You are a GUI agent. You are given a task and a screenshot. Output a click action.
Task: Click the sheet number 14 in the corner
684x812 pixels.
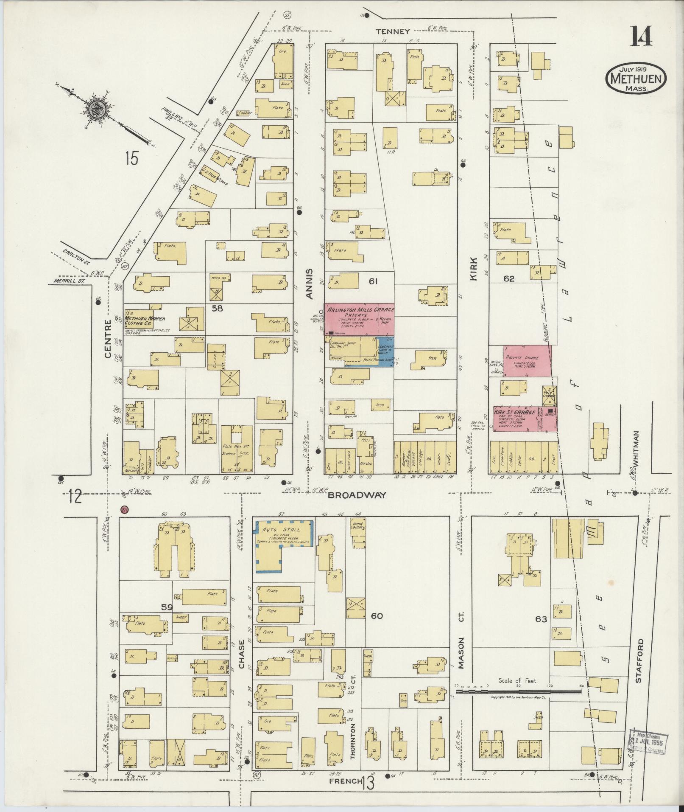[x=640, y=37]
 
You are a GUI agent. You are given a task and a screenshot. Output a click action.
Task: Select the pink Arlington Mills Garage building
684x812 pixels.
[x=359, y=319]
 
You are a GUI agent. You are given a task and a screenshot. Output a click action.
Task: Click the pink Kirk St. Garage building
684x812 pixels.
[x=525, y=419]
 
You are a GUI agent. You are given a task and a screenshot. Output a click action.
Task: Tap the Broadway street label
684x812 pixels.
[x=357, y=495]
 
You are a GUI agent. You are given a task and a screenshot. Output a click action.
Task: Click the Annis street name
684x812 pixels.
[x=310, y=284]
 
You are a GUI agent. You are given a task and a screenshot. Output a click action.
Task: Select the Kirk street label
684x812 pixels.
[x=474, y=269]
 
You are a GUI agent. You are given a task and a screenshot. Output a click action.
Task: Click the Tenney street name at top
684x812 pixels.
[x=393, y=31]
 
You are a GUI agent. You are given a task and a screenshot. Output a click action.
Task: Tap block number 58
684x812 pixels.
[x=217, y=309]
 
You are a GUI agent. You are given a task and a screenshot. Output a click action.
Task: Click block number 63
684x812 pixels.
[x=541, y=619]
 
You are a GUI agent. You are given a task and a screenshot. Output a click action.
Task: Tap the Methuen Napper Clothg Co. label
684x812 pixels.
[x=144, y=318]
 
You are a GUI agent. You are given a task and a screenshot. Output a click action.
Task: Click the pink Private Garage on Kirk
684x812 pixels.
[x=527, y=360]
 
